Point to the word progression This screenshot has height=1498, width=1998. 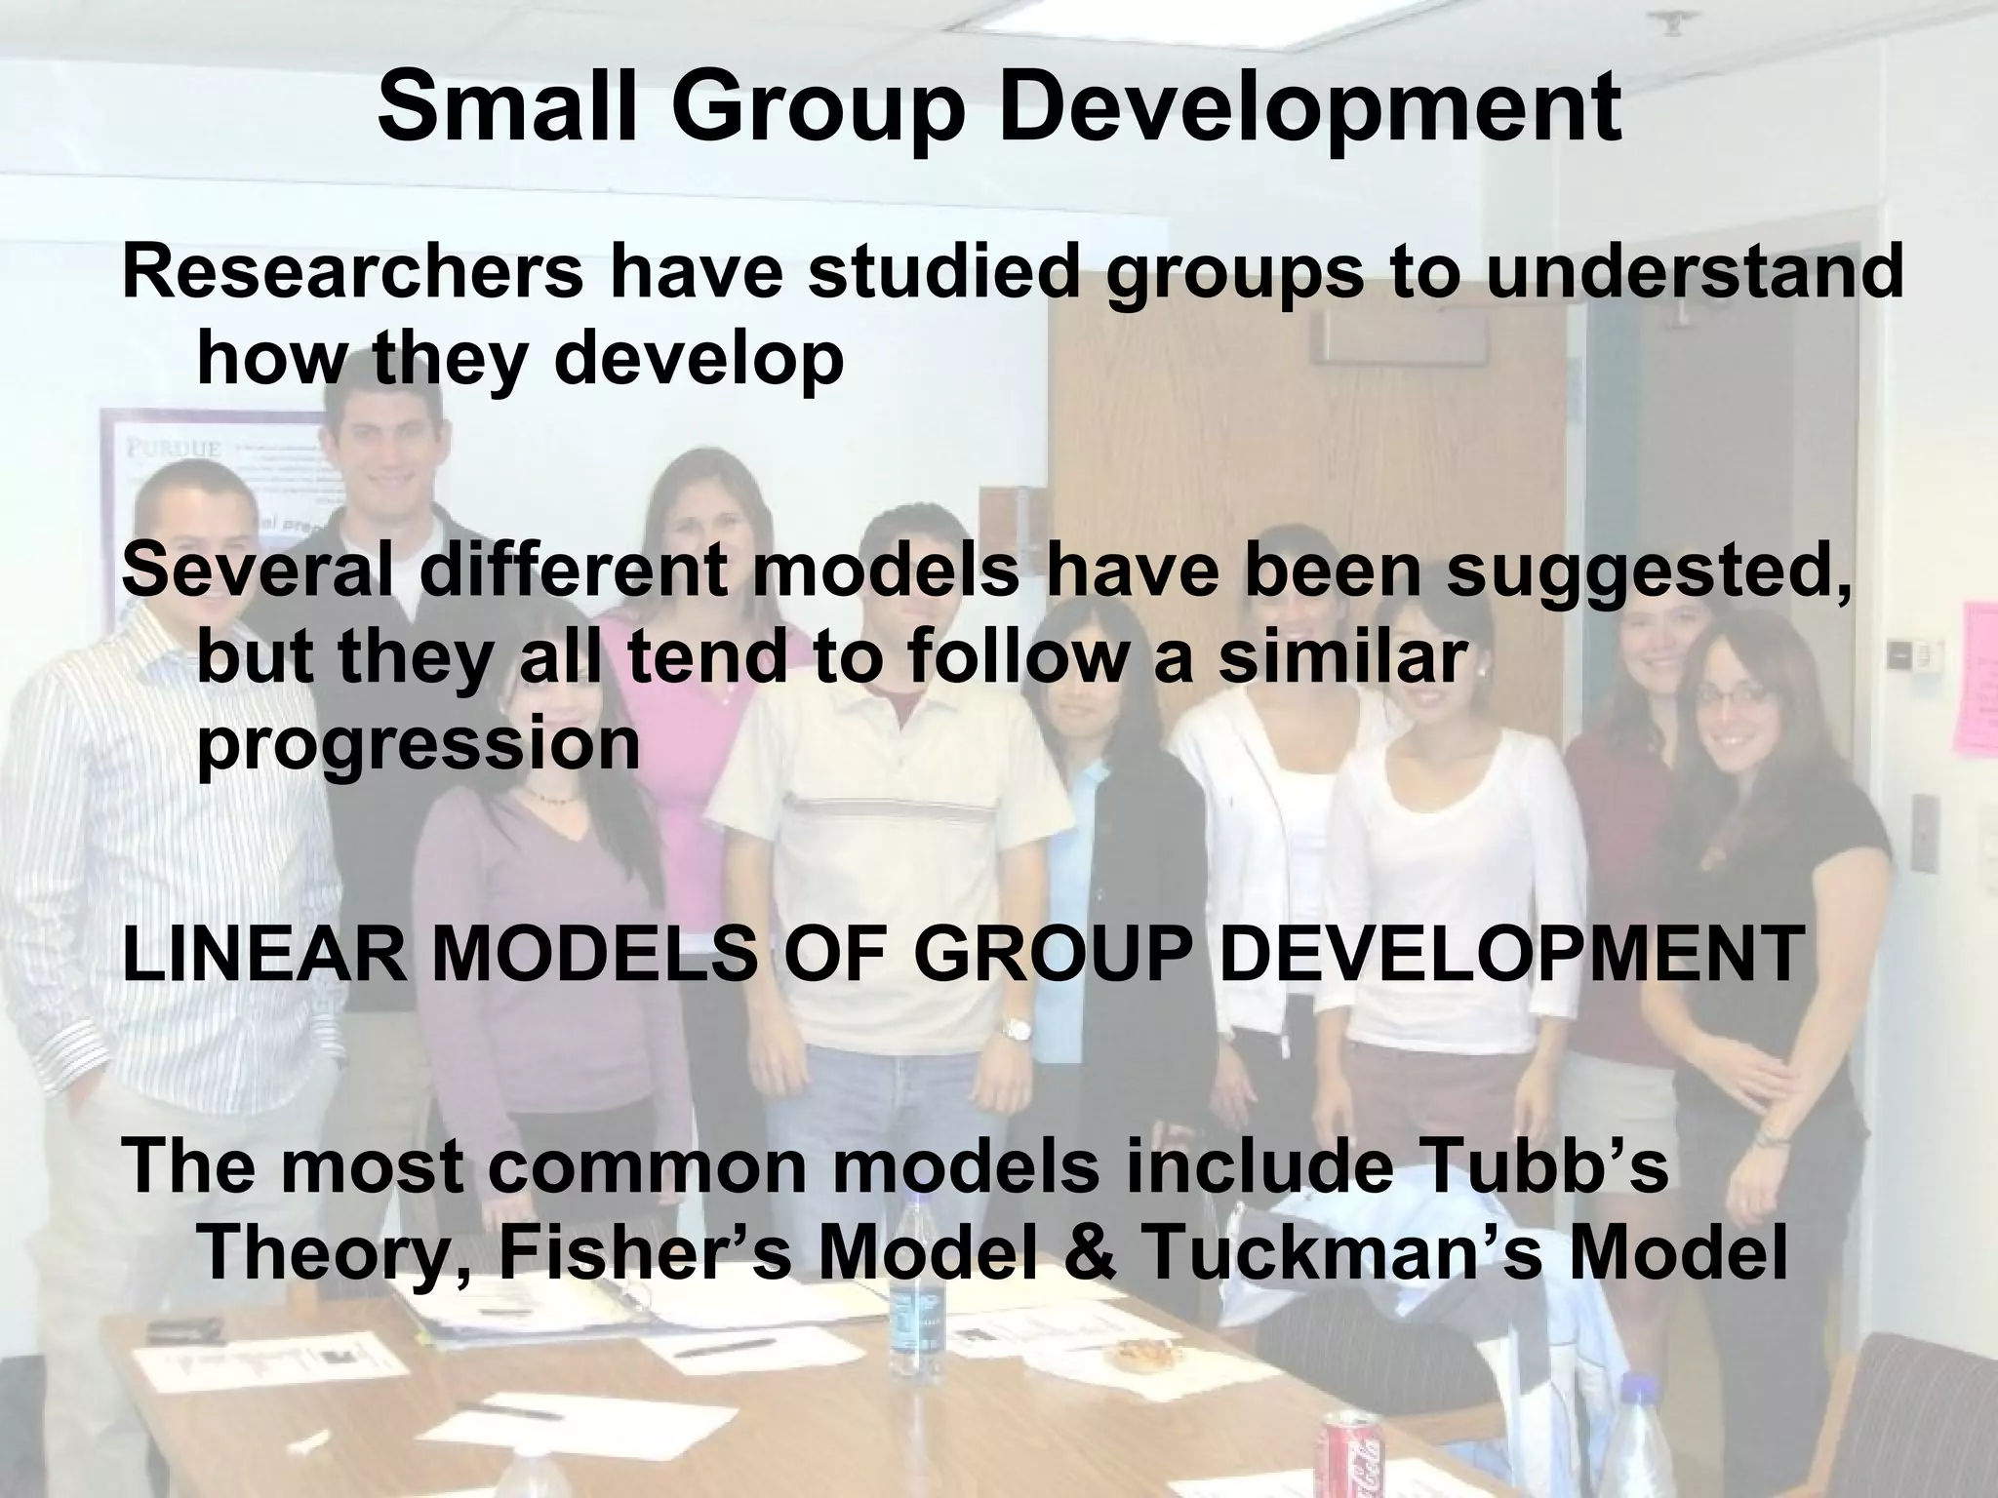(x=420, y=747)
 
